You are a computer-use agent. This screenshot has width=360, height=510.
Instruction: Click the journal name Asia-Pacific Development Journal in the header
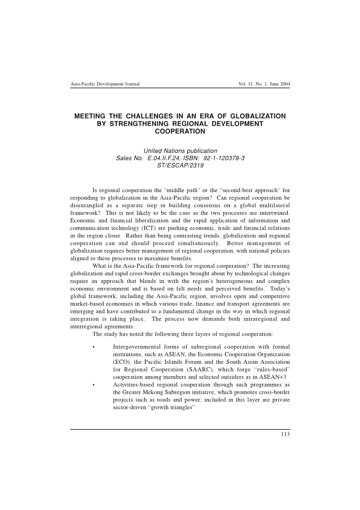pyautogui.click(x=105, y=84)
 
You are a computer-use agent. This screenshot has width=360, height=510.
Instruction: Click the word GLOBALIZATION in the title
pyautogui.click(x=254, y=116)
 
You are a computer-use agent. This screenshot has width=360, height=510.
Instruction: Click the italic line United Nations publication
pyautogui.click(x=180, y=151)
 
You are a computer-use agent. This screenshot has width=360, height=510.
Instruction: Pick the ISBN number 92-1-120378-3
pyautogui.click(x=219, y=158)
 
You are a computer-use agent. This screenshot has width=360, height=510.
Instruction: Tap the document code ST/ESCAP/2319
pyautogui.click(x=180, y=165)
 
